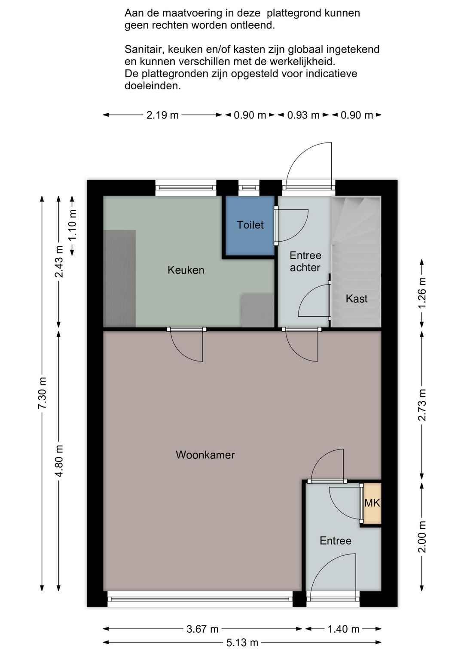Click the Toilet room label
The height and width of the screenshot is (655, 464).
[250, 225]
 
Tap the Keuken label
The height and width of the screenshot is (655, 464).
[186, 270]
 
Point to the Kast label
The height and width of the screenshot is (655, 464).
[357, 299]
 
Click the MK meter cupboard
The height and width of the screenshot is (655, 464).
[372, 503]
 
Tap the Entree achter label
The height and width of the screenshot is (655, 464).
[305, 261]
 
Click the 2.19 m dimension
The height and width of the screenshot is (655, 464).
[162, 115]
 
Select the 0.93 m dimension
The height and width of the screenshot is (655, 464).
[303, 115]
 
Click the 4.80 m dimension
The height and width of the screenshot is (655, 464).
[59, 463]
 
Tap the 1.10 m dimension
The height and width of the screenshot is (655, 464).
[72, 225]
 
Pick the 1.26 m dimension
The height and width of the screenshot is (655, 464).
[422, 293]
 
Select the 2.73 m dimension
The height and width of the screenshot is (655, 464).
[422, 404]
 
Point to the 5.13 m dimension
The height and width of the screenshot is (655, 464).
[242, 643]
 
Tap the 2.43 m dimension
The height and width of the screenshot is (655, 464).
[59, 261]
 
